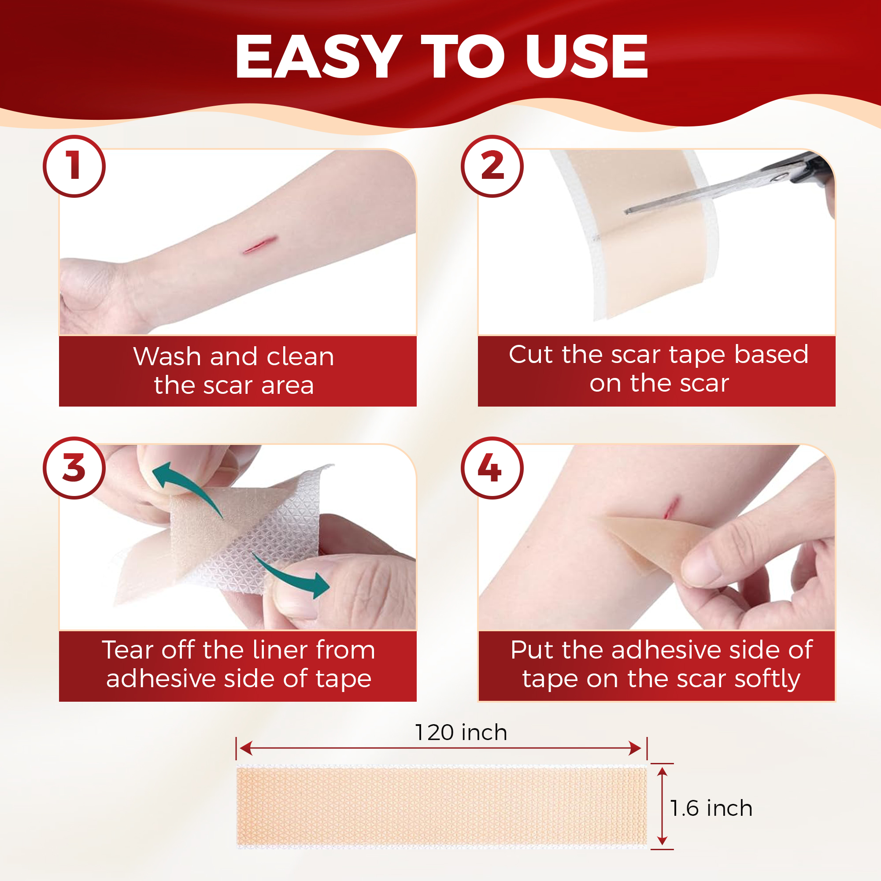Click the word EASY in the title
point(318,56)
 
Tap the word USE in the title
point(586,56)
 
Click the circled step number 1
point(74,167)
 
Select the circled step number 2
point(492,167)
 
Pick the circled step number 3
point(74,468)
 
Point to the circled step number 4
point(492,468)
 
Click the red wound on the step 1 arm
point(260,245)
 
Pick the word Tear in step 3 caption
point(128,650)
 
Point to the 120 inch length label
point(461,733)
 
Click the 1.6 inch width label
point(711,808)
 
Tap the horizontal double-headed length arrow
point(440,748)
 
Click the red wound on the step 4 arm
point(671,508)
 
